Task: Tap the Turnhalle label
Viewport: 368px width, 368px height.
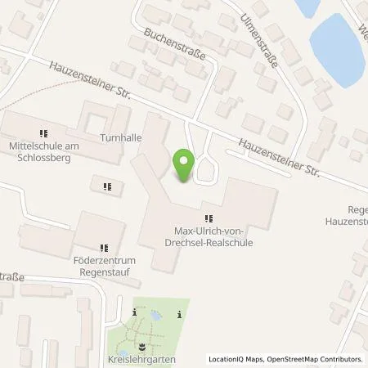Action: click(115, 138)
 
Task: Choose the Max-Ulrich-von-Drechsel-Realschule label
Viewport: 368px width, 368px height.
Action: click(208, 237)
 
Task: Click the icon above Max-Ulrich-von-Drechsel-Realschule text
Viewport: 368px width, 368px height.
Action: click(209, 218)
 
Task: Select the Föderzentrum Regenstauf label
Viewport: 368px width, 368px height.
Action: click(102, 266)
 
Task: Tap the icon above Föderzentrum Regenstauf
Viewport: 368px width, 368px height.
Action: click(103, 248)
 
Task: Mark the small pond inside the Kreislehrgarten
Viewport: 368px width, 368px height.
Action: click(155, 315)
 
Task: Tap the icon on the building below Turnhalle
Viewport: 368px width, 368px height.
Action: click(107, 186)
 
